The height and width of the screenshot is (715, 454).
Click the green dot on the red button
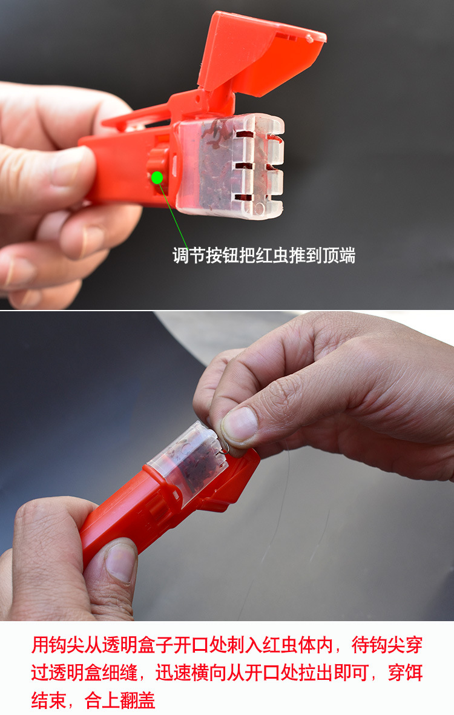click(x=157, y=177)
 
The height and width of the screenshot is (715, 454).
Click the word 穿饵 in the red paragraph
click(x=406, y=673)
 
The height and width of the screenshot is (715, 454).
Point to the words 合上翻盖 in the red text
click(x=120, y=700)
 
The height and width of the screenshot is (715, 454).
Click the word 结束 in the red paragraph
click(x=47, y=700)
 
